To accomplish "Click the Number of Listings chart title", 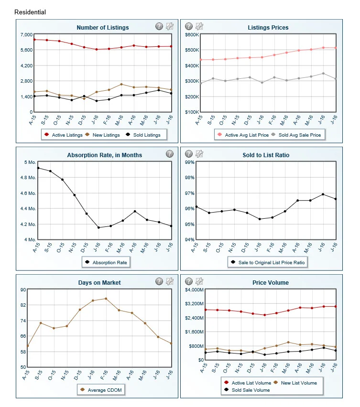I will click(103, 28).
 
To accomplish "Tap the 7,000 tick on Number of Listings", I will click(25, 35).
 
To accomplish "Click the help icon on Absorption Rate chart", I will click(169, 154).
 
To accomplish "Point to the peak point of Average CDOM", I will click(106, 299).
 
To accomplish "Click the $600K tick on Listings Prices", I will click(191, 35).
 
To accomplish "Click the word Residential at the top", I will click(30, 12).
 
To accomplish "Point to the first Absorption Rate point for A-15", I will click(38, 168).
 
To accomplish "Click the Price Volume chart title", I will click(271, 283).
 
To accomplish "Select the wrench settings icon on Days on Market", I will click(169, 281).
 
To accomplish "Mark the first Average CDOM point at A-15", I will click(28, 346).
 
